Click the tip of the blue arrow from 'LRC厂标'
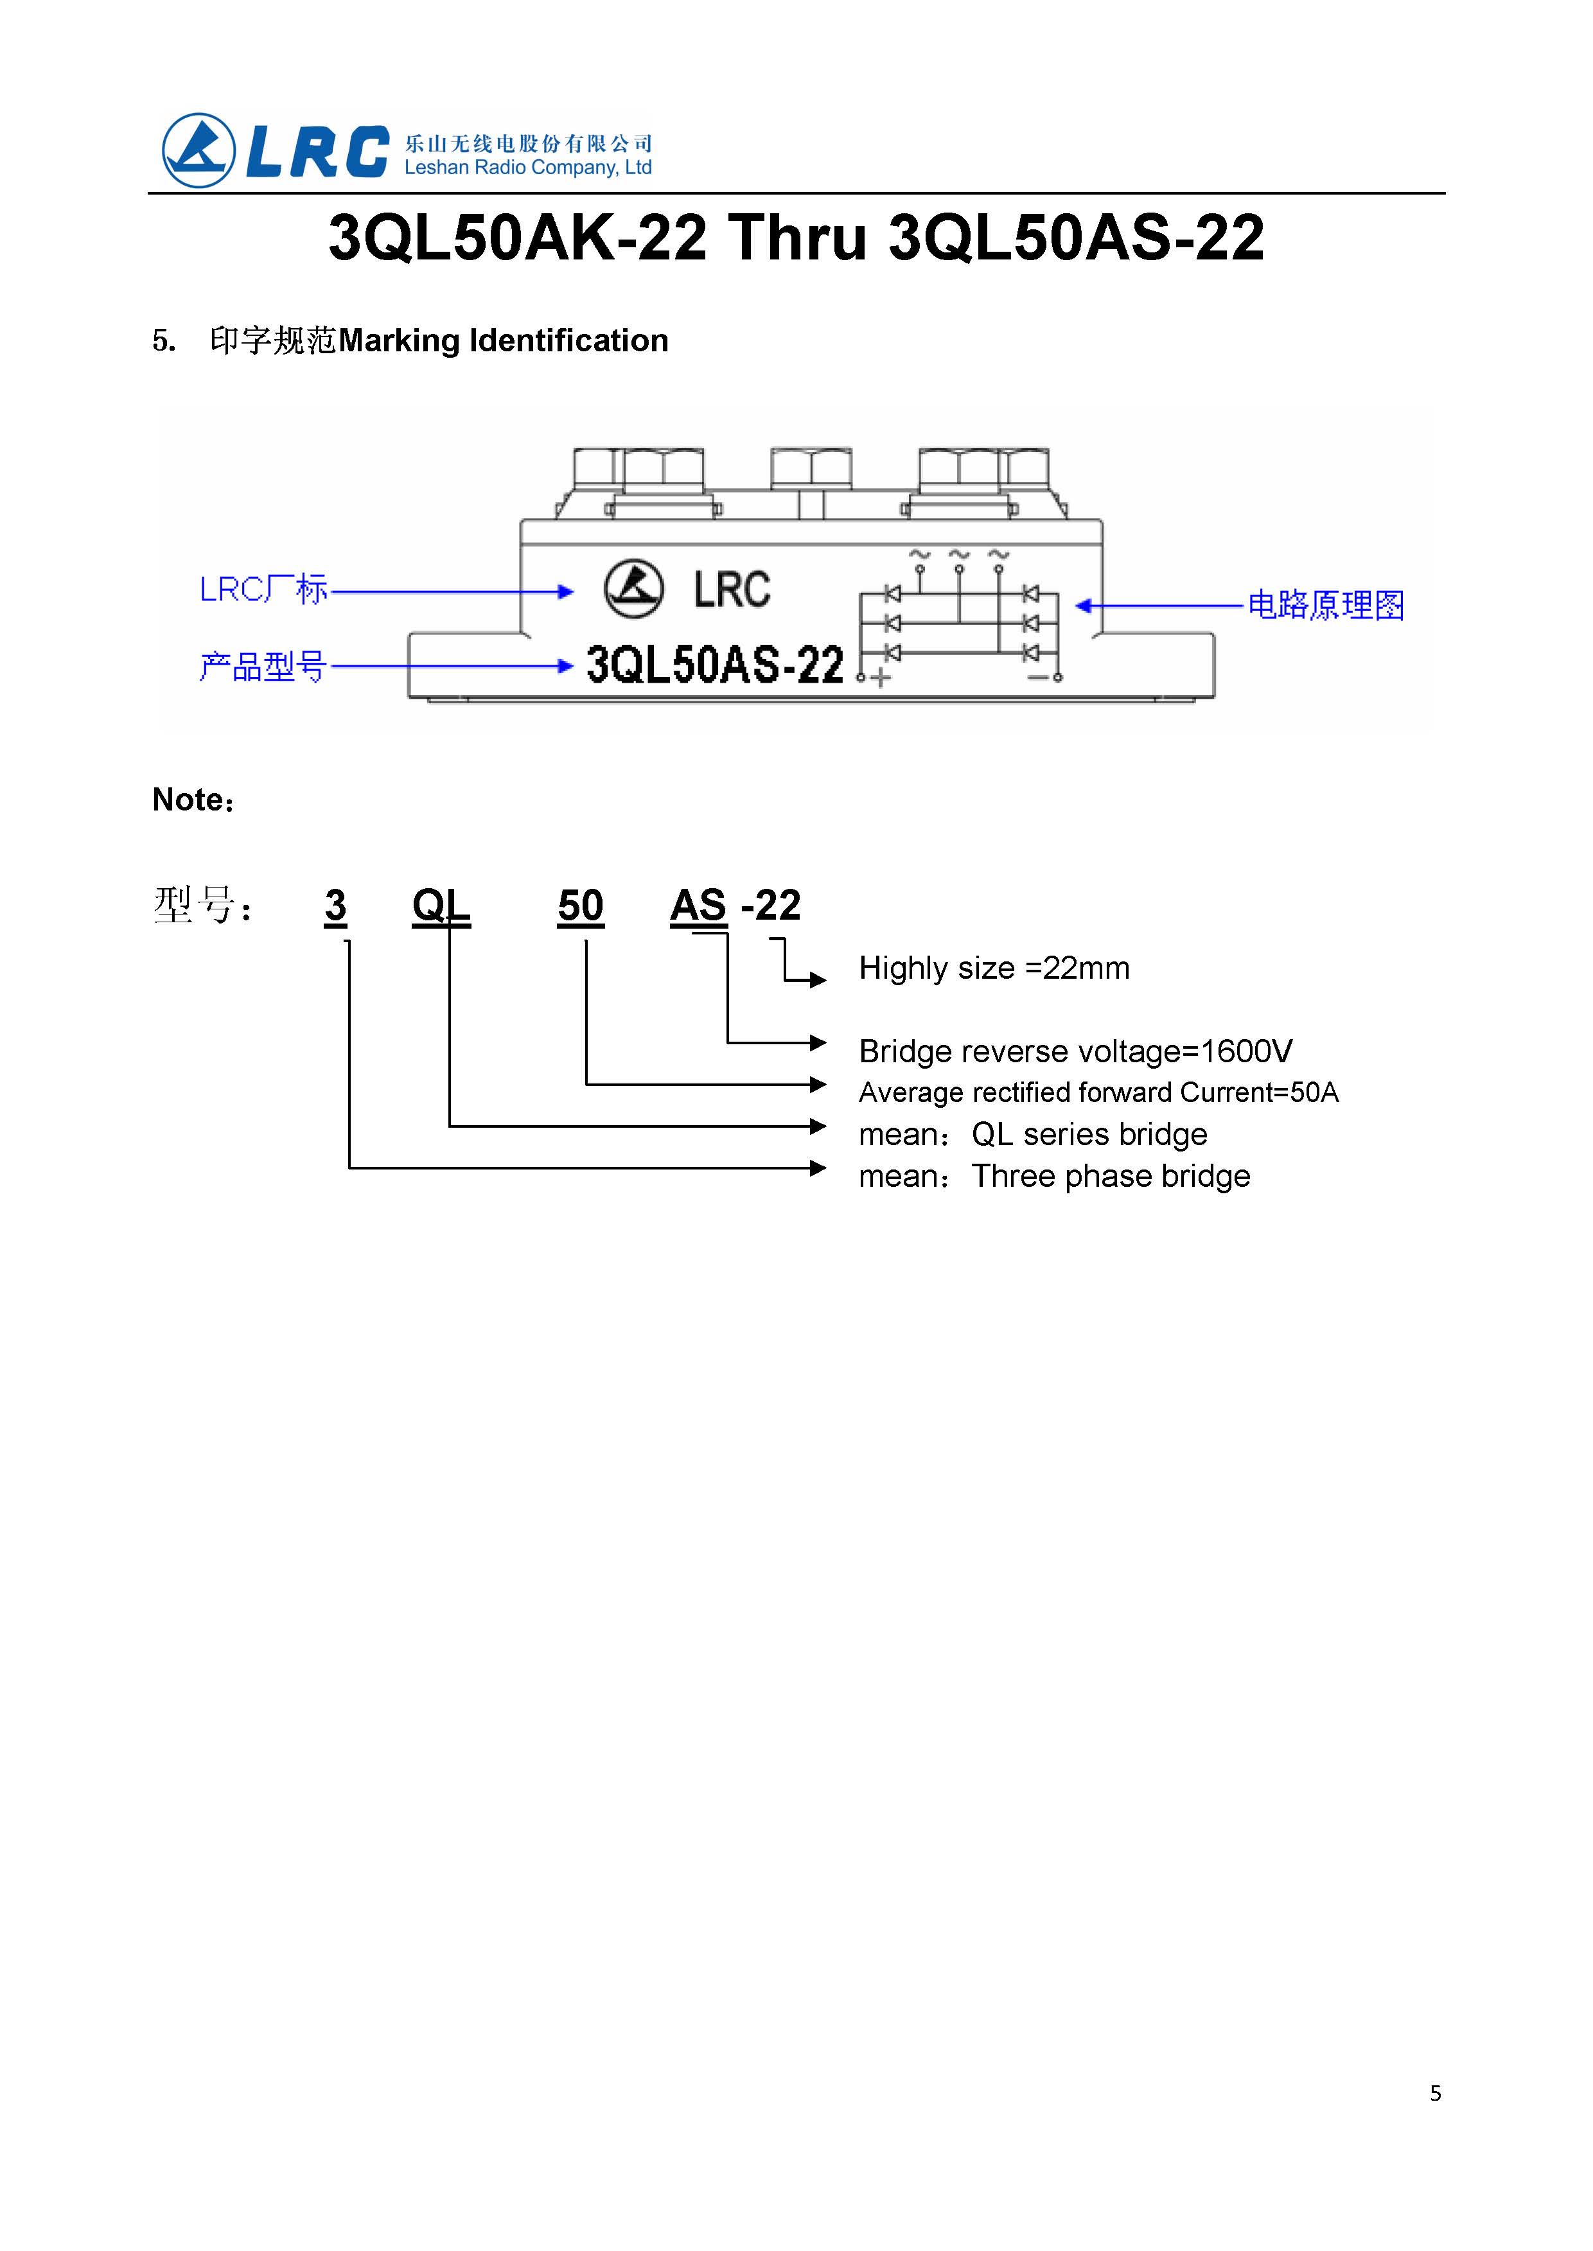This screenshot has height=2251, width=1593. [573, 591]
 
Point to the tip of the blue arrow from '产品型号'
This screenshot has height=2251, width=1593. [573, 666]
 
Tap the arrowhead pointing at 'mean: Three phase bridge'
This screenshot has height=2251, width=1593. [826, 1168]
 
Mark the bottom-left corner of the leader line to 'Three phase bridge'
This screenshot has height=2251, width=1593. [350, 1168]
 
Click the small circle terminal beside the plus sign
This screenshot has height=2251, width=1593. [861, 678]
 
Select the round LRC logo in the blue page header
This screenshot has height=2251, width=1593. [198, 151]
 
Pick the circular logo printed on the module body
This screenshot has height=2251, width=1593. [634, 588]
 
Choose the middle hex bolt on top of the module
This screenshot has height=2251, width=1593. [811, 469]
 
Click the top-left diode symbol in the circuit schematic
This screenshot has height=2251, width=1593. [893, 593]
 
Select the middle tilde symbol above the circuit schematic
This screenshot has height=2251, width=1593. [959, 555]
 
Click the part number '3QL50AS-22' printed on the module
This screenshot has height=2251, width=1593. [715, 664]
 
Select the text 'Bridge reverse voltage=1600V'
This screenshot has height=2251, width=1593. [1075, 1051]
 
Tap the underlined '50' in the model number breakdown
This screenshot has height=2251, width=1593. [581, 906]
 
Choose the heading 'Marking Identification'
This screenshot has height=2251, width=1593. [503, 340]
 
